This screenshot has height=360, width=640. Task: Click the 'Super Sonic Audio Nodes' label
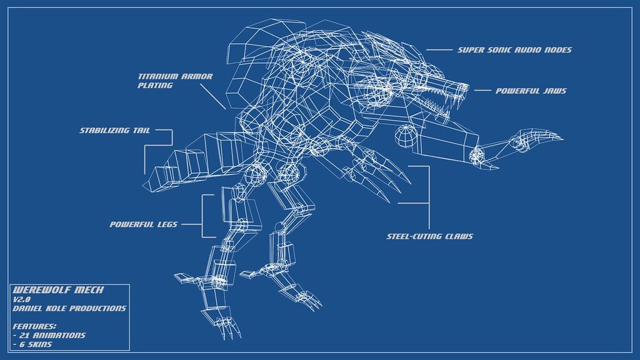(x=514, y=50)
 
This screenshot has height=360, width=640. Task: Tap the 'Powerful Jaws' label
(x=531, y=91)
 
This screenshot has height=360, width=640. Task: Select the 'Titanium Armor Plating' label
(x=175, y=81)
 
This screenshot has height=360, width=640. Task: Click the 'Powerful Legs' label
(x=143, y=224)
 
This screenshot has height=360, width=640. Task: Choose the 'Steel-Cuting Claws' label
(x=429, y=236)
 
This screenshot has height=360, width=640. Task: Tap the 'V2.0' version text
(x=22, y=299)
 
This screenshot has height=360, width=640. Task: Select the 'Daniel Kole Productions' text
(x=69, y=308)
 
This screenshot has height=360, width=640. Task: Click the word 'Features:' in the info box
(x=34, y=326)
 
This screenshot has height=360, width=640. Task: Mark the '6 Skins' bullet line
(x=35, y=344)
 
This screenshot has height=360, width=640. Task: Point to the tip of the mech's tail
(x=150, y=181)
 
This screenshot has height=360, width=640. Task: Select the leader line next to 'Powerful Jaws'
(x=482, y=91)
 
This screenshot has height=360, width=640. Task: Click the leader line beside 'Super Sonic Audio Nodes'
(x=439, y=50)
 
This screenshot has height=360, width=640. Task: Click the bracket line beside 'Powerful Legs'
(x=203, y=216)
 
